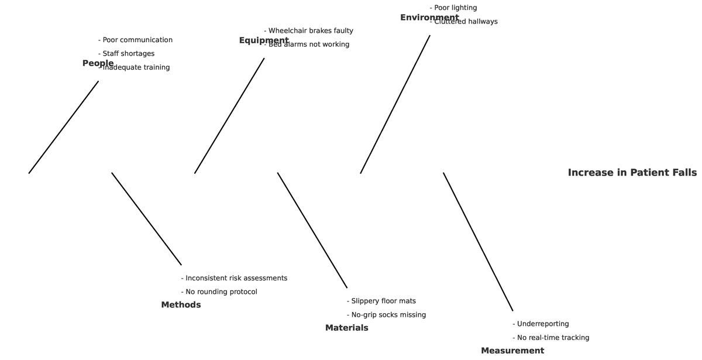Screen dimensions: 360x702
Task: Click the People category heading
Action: [x=98, y=63]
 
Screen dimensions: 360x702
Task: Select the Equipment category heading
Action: [x=264, y=40]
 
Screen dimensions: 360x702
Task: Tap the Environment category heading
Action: [x=429, y=18]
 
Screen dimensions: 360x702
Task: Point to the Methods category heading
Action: [x=181, y=305]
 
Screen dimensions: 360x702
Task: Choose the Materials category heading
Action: [x=347, y=328]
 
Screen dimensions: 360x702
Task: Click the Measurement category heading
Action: [x=512, y=351]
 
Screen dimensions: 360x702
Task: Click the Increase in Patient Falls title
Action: [x=632, y=173]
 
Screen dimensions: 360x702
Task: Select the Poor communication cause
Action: [x=136, y=40]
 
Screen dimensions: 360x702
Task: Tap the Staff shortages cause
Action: [x=126, y=54]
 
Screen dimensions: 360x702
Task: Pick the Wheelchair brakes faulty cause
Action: [x=309, y=30]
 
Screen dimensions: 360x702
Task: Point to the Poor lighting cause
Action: [x=453, y=8]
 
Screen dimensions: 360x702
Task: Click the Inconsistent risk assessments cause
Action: [x=234, y=278]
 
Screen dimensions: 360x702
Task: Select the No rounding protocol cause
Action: [x=219, y=292]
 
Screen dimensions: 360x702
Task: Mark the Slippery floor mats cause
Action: [x=381, y=301]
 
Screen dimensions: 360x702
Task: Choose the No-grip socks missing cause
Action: [x=386, y=315]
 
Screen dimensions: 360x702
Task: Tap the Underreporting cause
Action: [x=541, y=324]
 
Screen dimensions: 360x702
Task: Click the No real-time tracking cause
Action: [x=551, y=338]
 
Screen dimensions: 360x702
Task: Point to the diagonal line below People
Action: [x=64, y=127]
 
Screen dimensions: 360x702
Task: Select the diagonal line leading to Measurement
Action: [x=478, y=242]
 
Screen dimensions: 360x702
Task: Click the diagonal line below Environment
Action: [x=395, y=104]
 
